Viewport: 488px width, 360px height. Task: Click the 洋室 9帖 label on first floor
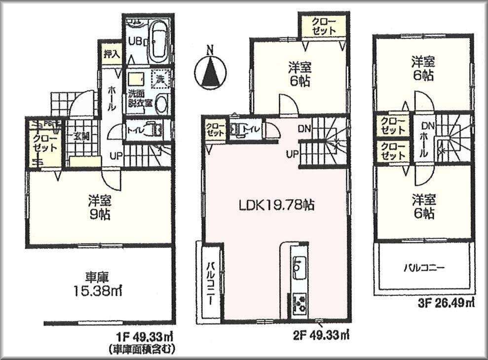tap(99, 208)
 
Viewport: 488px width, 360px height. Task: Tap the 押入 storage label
tap(111, 54)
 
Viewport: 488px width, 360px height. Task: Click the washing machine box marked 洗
tap(160, 78)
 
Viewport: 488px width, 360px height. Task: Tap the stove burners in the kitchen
tap(299, 302)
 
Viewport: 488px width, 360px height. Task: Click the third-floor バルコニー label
tap(424, 268)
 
